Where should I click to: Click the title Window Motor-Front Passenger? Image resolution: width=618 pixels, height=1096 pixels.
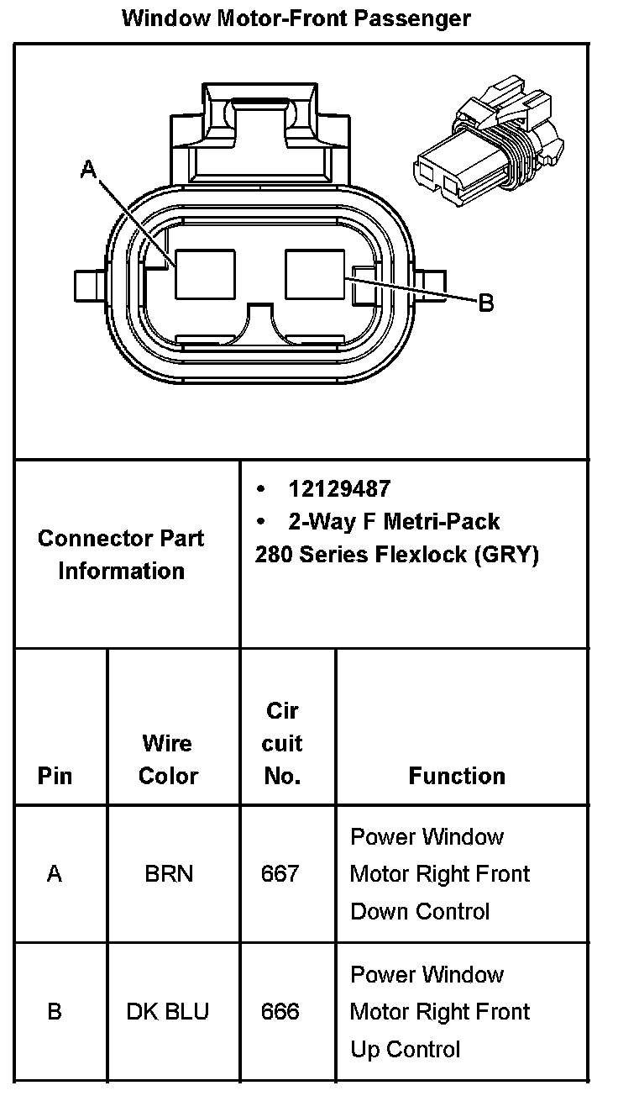(296, 18)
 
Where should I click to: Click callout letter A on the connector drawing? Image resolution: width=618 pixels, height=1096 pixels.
(88, 170)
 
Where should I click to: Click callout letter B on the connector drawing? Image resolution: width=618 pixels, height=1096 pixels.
(485, 303)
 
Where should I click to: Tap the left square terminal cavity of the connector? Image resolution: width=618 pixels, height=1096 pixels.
(205, 274)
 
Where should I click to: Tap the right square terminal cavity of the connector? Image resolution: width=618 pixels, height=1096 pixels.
(315, 274)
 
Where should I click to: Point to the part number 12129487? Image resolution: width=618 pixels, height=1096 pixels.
(339, 488)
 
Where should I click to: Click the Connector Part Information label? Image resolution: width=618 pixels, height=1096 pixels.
(121, 554)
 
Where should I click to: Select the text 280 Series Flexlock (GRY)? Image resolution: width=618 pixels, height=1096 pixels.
(396, 555)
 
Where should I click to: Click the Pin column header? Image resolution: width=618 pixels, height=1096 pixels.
(55, 775)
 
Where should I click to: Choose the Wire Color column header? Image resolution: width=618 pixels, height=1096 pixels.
(168, 759)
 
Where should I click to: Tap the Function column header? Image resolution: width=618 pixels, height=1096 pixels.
(457, 775)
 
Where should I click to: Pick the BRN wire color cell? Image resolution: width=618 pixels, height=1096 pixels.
(169, 874)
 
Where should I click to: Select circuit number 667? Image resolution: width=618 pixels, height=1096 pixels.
(280, 874)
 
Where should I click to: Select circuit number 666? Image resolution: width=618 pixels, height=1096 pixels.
(280, 1011)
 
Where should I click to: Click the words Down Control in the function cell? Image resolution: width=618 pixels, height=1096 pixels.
(419, 911)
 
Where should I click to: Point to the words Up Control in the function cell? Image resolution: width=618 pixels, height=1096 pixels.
(406, 1049)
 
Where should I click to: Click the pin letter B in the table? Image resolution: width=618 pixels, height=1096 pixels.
(55, 1011)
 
